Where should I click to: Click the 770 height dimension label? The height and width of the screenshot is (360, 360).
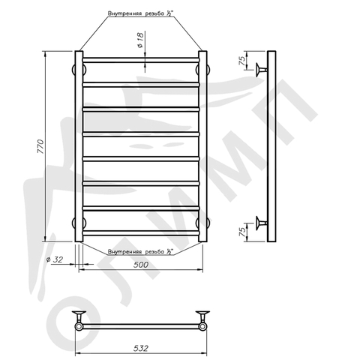(x=40, y=146)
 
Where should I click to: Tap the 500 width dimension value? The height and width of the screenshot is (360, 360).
(x=141, y=265)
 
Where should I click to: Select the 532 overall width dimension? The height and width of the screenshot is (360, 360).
(x=140, y=348)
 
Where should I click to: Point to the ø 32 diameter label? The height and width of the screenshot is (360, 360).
(x=55, y=259)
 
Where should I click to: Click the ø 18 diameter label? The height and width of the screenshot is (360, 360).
(x=140, y=40)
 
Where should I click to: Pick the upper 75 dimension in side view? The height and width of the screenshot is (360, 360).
(x=242, y=61)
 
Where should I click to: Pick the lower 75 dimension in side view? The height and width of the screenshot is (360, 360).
(x=242, y=232)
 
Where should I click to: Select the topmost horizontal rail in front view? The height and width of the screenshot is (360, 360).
(x=141, y=60)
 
